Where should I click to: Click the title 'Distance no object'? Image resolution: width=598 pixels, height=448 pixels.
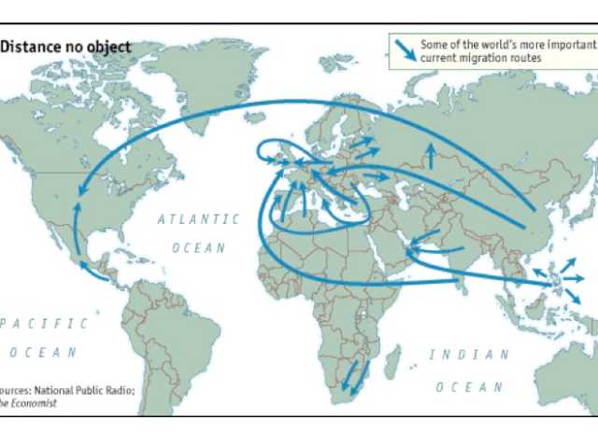65,47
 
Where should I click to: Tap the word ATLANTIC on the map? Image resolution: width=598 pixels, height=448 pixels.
198,219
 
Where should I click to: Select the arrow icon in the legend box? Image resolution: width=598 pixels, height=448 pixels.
405,49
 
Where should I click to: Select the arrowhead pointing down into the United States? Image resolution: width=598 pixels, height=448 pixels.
78,191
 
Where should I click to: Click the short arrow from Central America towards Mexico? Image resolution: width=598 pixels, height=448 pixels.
93,270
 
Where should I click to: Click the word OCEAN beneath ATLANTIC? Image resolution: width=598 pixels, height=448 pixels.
198,248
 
